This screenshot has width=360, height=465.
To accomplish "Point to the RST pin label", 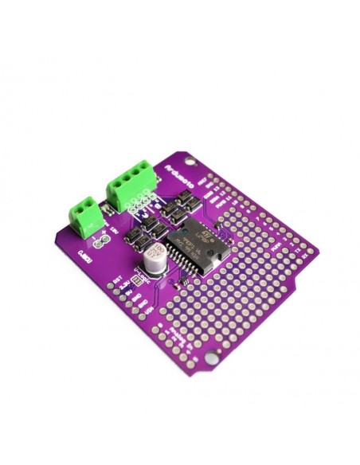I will click(x=118, y=280).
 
